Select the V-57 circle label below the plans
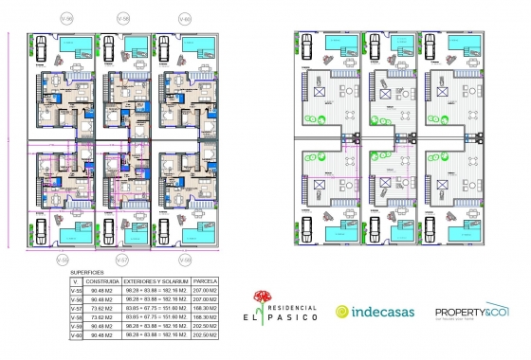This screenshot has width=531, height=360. click(x=122, y=258)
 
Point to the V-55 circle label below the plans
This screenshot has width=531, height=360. click(x=63, y=258)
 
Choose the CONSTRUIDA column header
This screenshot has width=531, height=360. click(x=101, y=281)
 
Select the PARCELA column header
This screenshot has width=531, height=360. click(x=206, y=281)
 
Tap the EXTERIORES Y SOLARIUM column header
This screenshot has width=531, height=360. click(x=156, y=281)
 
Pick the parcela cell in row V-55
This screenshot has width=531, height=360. click(x=206, y=291)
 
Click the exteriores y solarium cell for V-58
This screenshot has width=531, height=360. click(x=156, y=317)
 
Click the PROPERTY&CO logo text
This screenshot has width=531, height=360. click(x=470, y=311)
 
